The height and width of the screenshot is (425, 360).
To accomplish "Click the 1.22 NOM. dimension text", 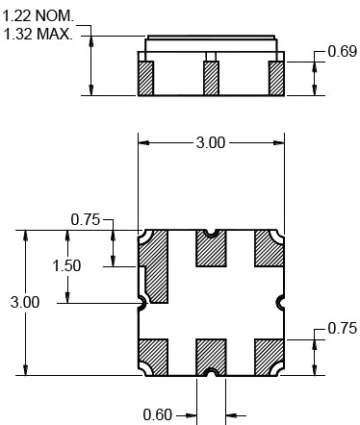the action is pos(39,15).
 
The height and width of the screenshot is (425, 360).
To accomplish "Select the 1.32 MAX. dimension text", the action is pos(39,34).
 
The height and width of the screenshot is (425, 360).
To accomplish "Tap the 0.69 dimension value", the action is pos(343,52).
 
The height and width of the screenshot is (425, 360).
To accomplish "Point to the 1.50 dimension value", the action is pos(66,266).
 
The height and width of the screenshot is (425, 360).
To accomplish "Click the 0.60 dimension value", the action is pos(158,414).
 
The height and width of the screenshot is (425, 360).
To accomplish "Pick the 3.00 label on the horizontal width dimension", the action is pos(211,142).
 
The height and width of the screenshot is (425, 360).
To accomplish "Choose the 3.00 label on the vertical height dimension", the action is pos(25,302).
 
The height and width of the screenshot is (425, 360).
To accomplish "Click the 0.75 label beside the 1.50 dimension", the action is pos(86,220).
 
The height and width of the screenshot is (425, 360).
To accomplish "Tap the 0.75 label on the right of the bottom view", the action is pos(343,329).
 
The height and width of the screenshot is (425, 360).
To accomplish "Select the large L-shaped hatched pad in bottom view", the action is pos(157,266).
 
